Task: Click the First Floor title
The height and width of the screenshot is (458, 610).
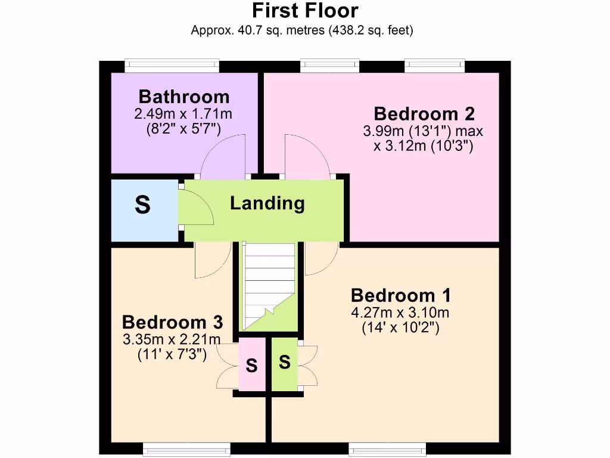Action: pyautogui.click(x=304, y=11)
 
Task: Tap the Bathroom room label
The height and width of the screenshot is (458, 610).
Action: pyautogui.click(x=183, y=96)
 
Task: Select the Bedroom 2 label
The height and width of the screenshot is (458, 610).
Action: pyautogui.click(x=424, y=113)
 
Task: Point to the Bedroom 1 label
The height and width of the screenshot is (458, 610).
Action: pyautogui.click(x=400, y=295)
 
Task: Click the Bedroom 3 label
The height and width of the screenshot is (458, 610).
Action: pyautogui.click(x=172, y=323)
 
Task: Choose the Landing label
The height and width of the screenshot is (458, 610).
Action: pyautogui.click(x=267, y=203)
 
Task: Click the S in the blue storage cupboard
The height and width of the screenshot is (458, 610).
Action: pyautogui.click(x=143, y=206)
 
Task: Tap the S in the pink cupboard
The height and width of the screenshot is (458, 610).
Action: pyautogui.click(x=251, y=366)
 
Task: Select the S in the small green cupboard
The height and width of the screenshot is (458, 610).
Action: pyautogui.click(x=285, y=362)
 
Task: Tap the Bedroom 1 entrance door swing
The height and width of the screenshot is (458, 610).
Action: pyautogui.click(x=320, y=258)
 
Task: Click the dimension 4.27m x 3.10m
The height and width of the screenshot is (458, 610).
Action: pyautogui.click(x=400, y=312)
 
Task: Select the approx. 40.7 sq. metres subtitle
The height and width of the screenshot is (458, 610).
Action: pyautogui.click(x=301, y=30)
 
